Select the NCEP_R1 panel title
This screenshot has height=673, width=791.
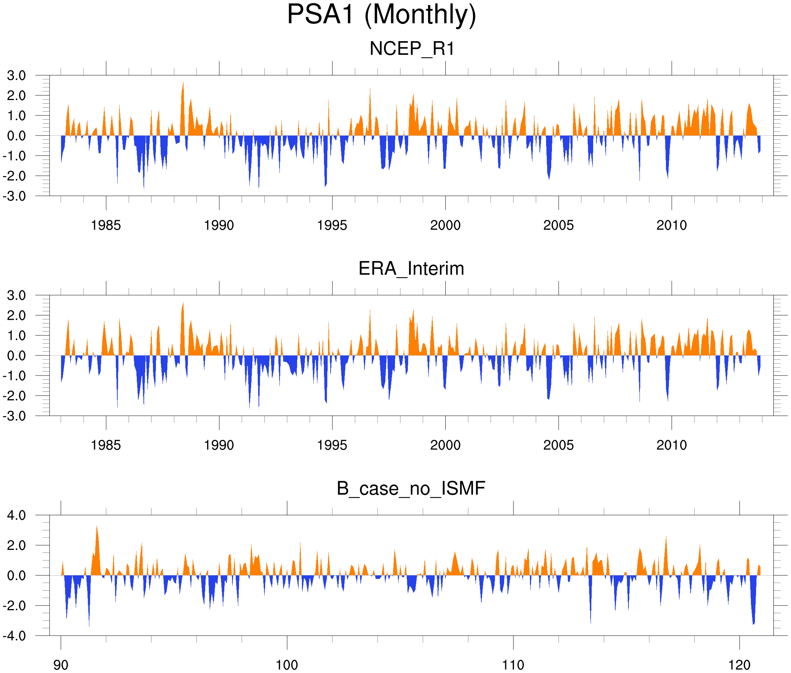(x=412, y=49)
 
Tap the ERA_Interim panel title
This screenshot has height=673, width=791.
(x=411, y=269)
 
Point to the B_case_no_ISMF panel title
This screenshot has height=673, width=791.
(x=411, y=488)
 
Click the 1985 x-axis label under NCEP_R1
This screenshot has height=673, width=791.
(x=106, y=225)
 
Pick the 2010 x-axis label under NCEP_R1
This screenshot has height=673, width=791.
(x=671, y=225)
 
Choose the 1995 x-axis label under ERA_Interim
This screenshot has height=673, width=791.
(x=332, y=445)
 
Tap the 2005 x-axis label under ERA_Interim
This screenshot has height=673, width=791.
(x=559, y=445)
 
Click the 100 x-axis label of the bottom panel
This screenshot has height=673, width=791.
(x=287, y=665)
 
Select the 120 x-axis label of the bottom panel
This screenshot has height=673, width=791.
(x=740, y=665)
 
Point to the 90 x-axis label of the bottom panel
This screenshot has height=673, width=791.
(x=61, y=665)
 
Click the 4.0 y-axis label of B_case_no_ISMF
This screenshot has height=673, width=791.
(x=17, y=515)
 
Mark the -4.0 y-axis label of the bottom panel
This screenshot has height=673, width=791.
(x=14, y=636)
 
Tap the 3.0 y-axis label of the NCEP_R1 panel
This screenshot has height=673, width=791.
(x=17, y=76)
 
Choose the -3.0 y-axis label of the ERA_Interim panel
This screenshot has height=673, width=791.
(x=14, y=416)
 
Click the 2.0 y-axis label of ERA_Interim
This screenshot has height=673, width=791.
(x=17, y=315)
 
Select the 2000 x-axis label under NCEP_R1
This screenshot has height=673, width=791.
(x=445, y=225)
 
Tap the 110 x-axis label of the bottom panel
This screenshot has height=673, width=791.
(x=513, y=665)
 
